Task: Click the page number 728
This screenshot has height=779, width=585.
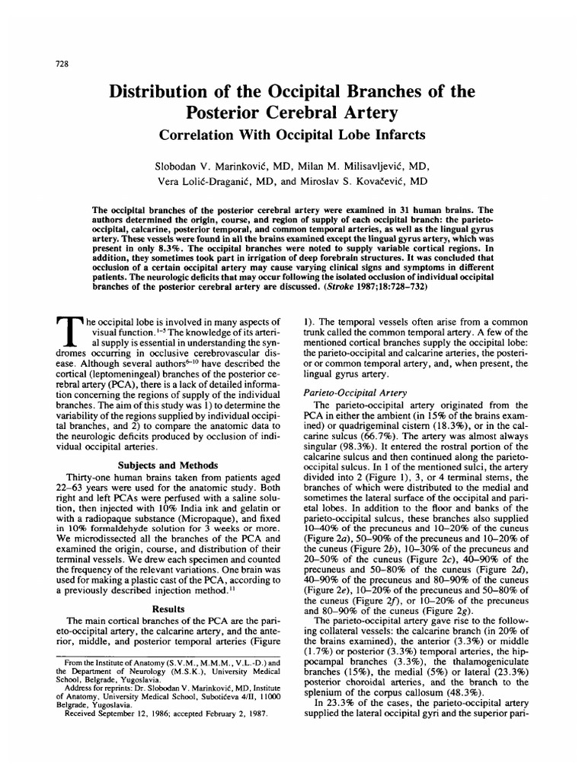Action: coord(62,63)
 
